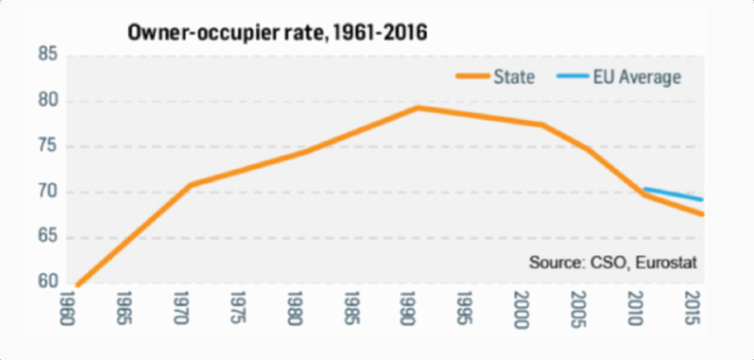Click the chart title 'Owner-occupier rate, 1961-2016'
click(277, 34)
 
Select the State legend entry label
click(516, 77)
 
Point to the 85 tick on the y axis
click(48, 56)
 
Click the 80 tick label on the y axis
click(48, 101)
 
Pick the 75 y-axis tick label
click(48, 147)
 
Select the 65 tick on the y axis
click(48, 237)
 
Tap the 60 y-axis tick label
click(48, 282)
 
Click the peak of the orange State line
click(417, 108)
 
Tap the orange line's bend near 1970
click(189, 184)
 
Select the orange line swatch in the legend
click(473, 77)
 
